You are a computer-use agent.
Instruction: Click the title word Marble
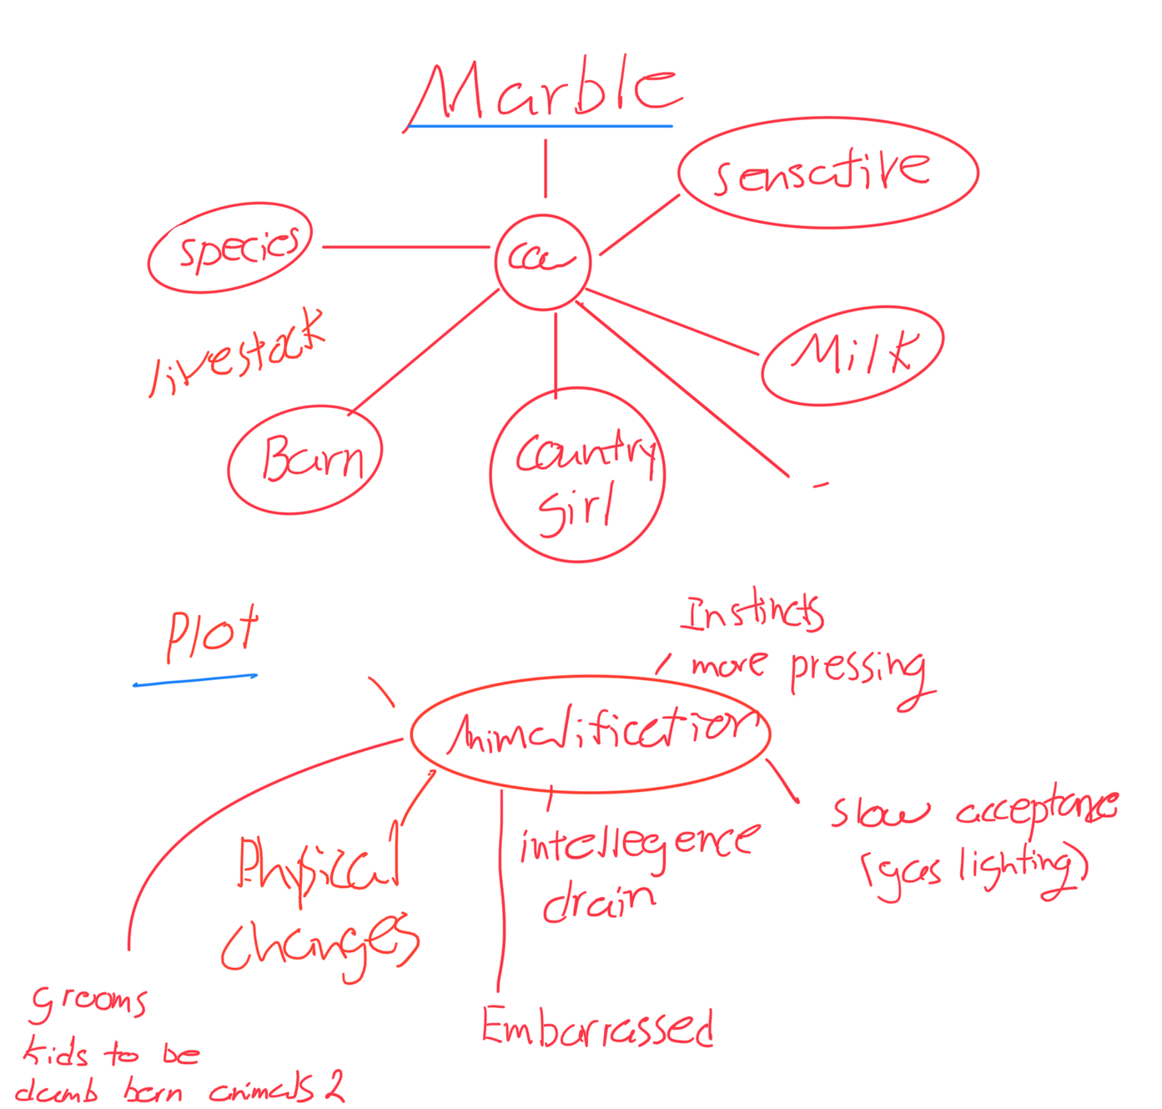(x=546, y=90)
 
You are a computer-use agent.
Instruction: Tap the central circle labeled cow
(x=542, y=261)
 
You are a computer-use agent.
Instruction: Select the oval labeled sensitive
(x=827, y=172)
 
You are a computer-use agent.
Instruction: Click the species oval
(x=230, y=248)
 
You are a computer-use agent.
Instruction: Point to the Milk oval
(x=853, y=355)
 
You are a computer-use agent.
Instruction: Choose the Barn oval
(x=305, y=459)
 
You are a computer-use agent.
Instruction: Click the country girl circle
(x=577, y=475)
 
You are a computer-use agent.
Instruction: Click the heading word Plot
(x=213, y=634)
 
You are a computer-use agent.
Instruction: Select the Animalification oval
(x=591, y=733)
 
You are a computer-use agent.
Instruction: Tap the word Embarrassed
(x=597, y=1026)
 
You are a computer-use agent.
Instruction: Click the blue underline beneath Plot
(x=195, y=680)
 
